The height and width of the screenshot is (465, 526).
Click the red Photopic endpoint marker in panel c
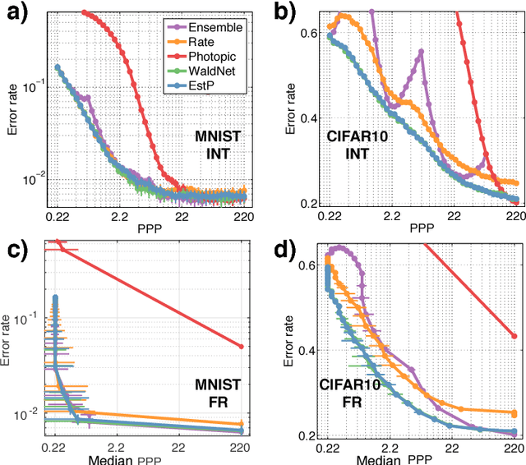click(241, 347)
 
